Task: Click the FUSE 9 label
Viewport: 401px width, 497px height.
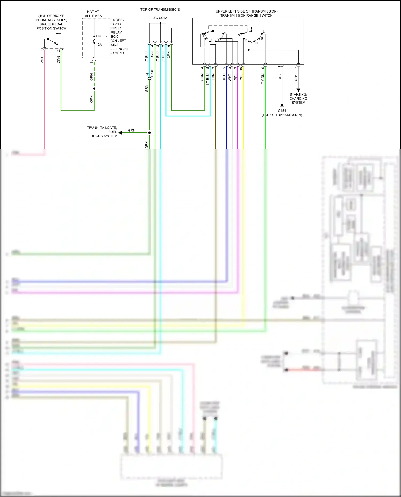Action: tap(102, 36)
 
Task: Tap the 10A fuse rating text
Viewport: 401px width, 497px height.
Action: tap(99, 45)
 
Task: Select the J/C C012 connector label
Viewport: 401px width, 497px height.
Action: tap(160, 18)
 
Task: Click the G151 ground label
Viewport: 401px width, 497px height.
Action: tap(282, 111)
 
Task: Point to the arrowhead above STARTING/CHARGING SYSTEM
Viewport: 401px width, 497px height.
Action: tap(298, 90)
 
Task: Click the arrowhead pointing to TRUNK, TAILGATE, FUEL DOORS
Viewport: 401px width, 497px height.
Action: tap(120, 133)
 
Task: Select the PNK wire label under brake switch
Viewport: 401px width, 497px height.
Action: tap(42, 60)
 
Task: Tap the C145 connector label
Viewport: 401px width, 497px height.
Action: tap(152, 73)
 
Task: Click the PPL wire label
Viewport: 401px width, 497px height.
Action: tap(236, 77)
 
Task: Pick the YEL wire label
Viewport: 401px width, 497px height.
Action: tap(241, 77)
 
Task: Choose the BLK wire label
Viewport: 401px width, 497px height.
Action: tap(280, 77)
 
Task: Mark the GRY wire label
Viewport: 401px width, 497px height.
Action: tap(296, 78)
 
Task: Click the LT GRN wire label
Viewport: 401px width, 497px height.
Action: tap(263, 79)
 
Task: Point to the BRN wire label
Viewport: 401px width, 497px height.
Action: tap(213, 77)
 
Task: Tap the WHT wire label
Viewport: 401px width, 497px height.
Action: tap(230, 77)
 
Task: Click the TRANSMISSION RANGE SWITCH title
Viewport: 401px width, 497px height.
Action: tap(246, 15)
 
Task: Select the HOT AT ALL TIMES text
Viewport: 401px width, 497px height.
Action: tap(93, 14)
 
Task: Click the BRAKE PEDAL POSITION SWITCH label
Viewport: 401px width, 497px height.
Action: tap(51, 26)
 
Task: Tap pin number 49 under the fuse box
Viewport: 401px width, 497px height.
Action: tap(91, 63)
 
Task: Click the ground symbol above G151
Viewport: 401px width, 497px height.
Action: tap(282, 106)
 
